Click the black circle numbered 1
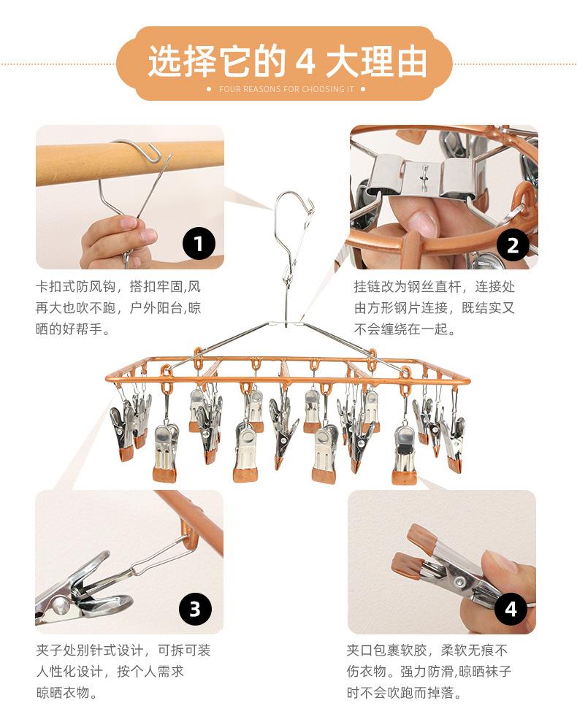(199, 244)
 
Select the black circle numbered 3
(195, 609)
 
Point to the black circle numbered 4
(511, 609)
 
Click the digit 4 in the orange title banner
(305, 61)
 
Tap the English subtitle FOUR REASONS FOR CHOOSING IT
(286, 89)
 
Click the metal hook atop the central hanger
(294, 216)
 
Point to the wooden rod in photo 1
(129, 163)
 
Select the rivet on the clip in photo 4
(459, 582)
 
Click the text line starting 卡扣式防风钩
(118, 286)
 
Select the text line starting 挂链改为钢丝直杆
(435, 286)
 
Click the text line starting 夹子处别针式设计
(123, 650)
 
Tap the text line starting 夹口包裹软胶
(427, 650)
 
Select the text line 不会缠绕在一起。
(405, 329)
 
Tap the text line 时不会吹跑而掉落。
(404, 692)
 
